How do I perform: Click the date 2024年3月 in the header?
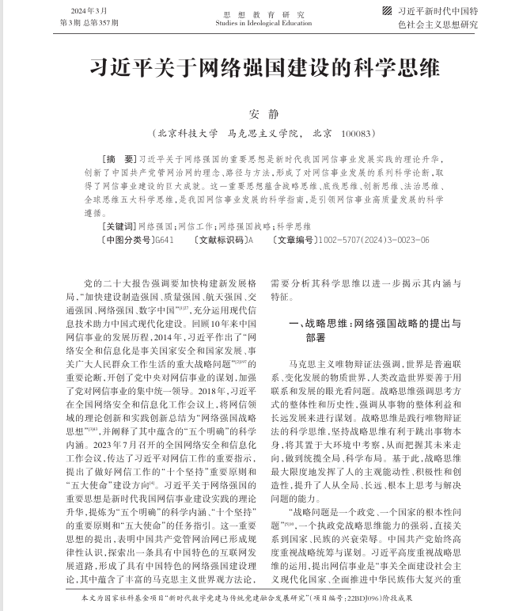pyautogui.click(x=87, y=10)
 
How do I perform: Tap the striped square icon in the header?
pyautogui.click(x=387, y=11)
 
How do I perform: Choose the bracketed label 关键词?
pyautogui.click(x=119, y=226)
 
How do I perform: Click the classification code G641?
pyautogui.click(x=163, y=240)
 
